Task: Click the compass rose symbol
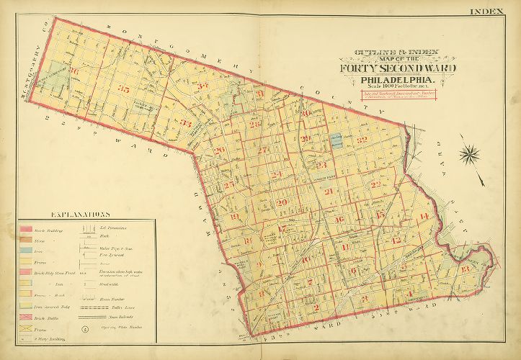tap(471, 154)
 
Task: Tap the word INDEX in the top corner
tap(492, 11)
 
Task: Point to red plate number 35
tap(125, 89)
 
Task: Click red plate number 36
tap(74, 71)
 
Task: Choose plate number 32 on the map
tap(362, 139)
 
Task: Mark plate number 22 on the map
tap(375, 184)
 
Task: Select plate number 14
tap(424, 217)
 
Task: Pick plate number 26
tap(219, 150)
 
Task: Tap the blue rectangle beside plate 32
tap(335, 142)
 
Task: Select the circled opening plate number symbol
tap(84, 329)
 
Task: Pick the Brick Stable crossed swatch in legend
tap(26, 318)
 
